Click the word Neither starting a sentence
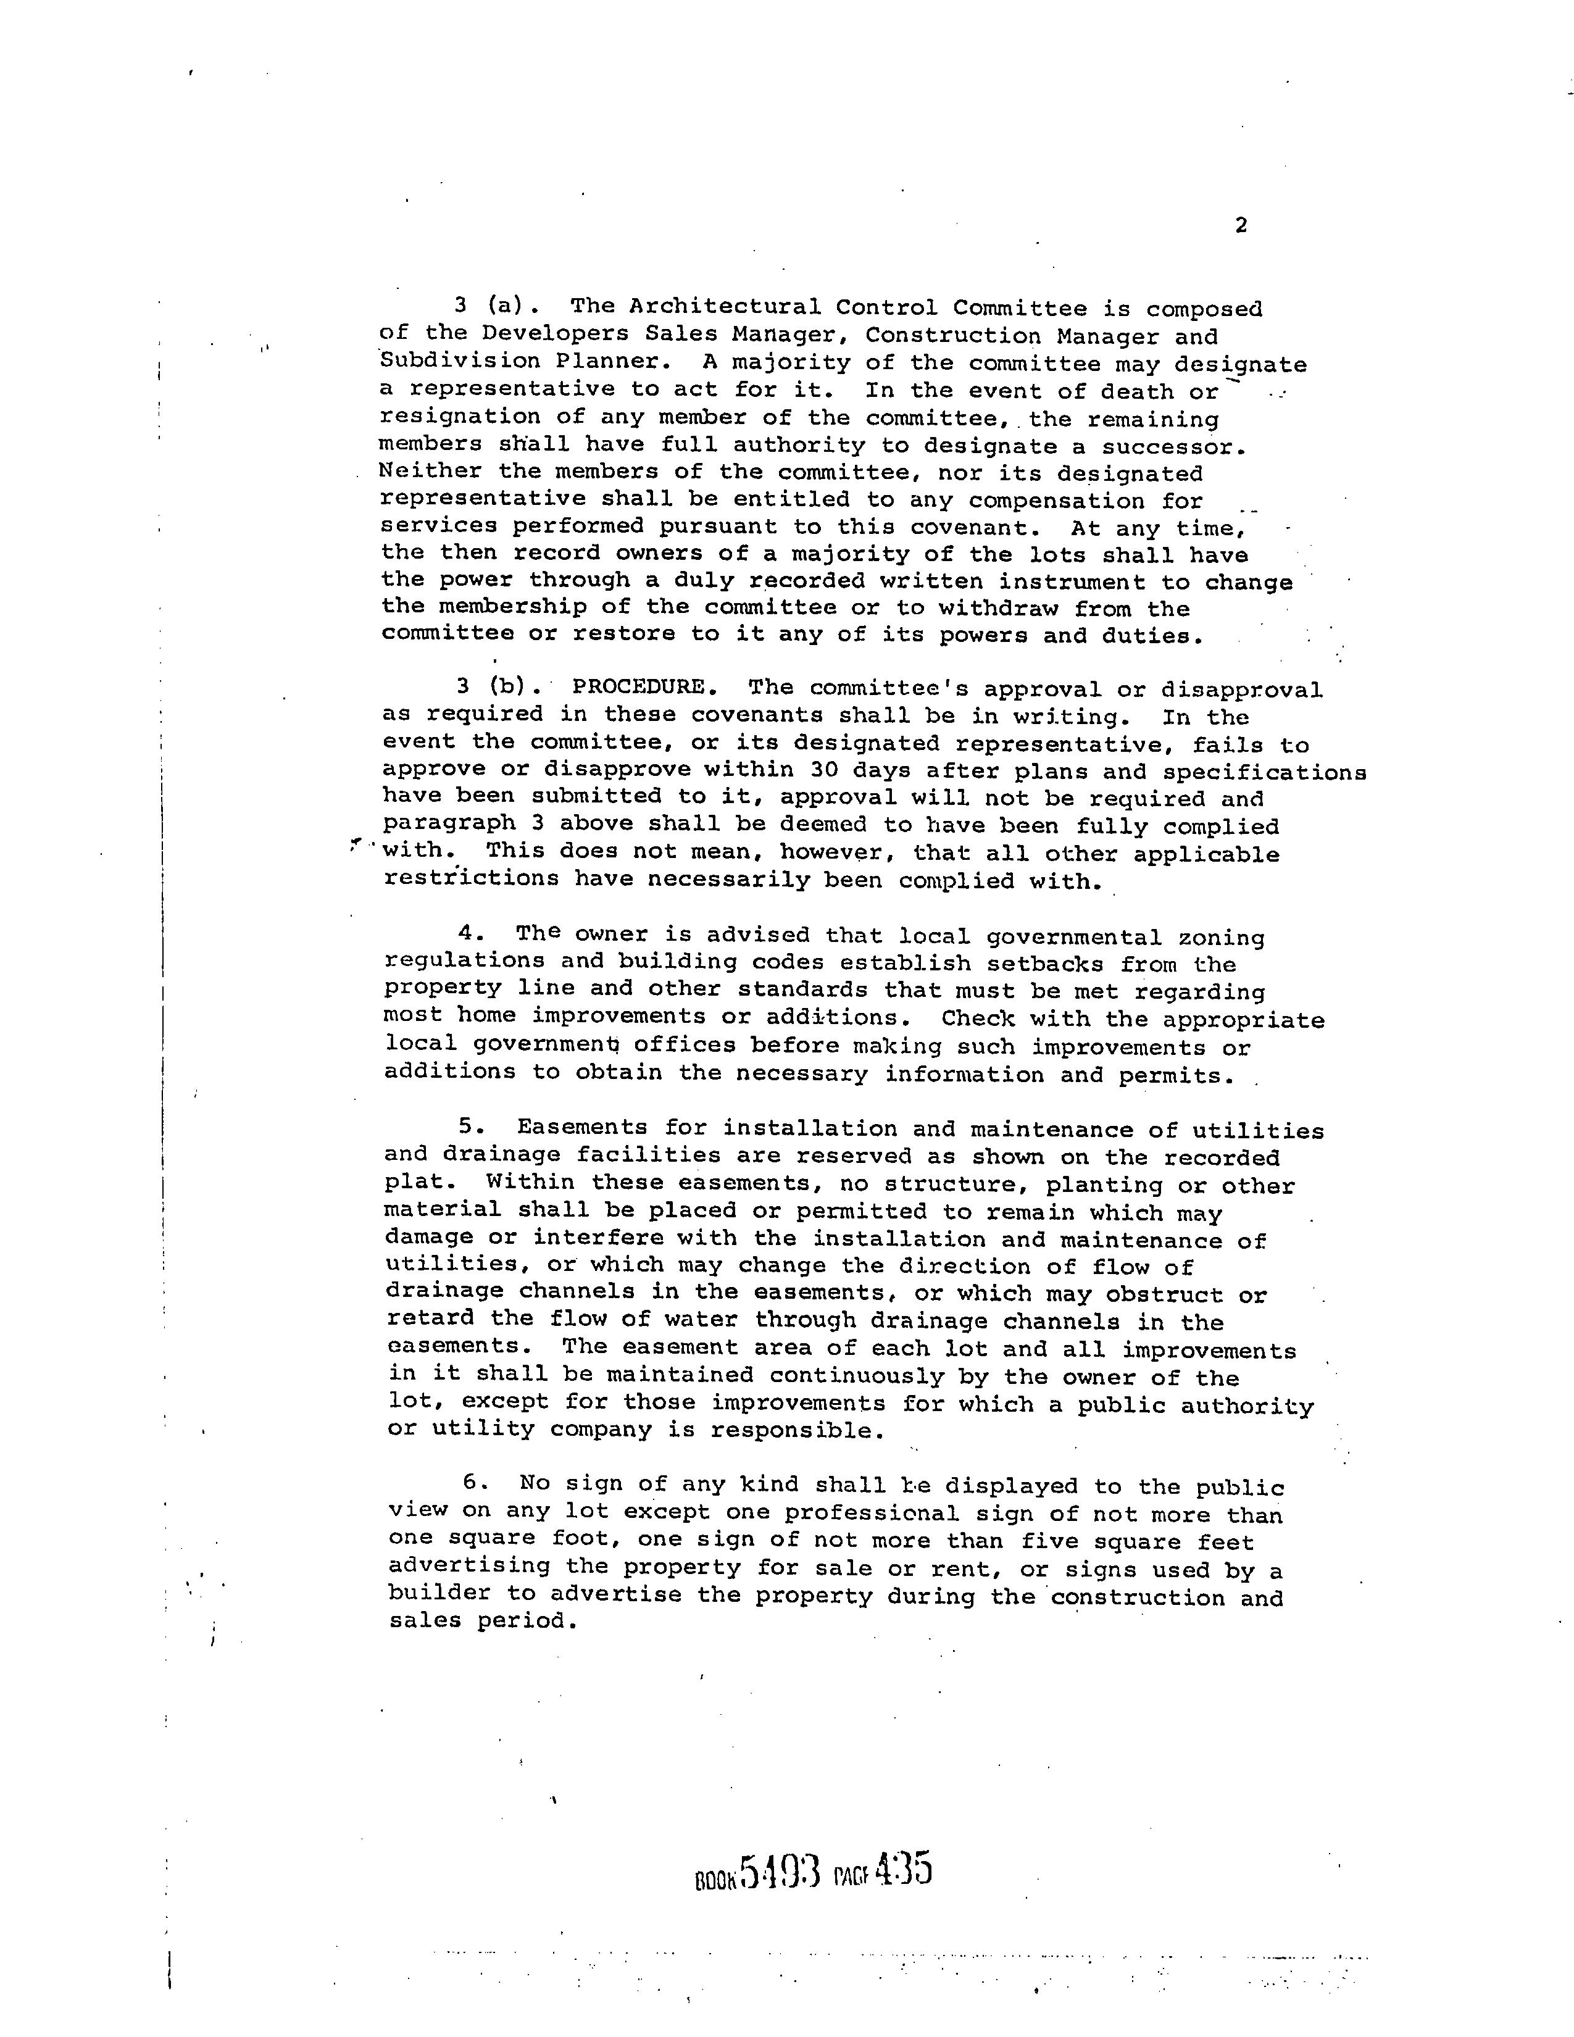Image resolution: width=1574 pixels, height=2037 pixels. tap(430, 472)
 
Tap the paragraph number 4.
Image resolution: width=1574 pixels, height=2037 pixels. tap(466, 935)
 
